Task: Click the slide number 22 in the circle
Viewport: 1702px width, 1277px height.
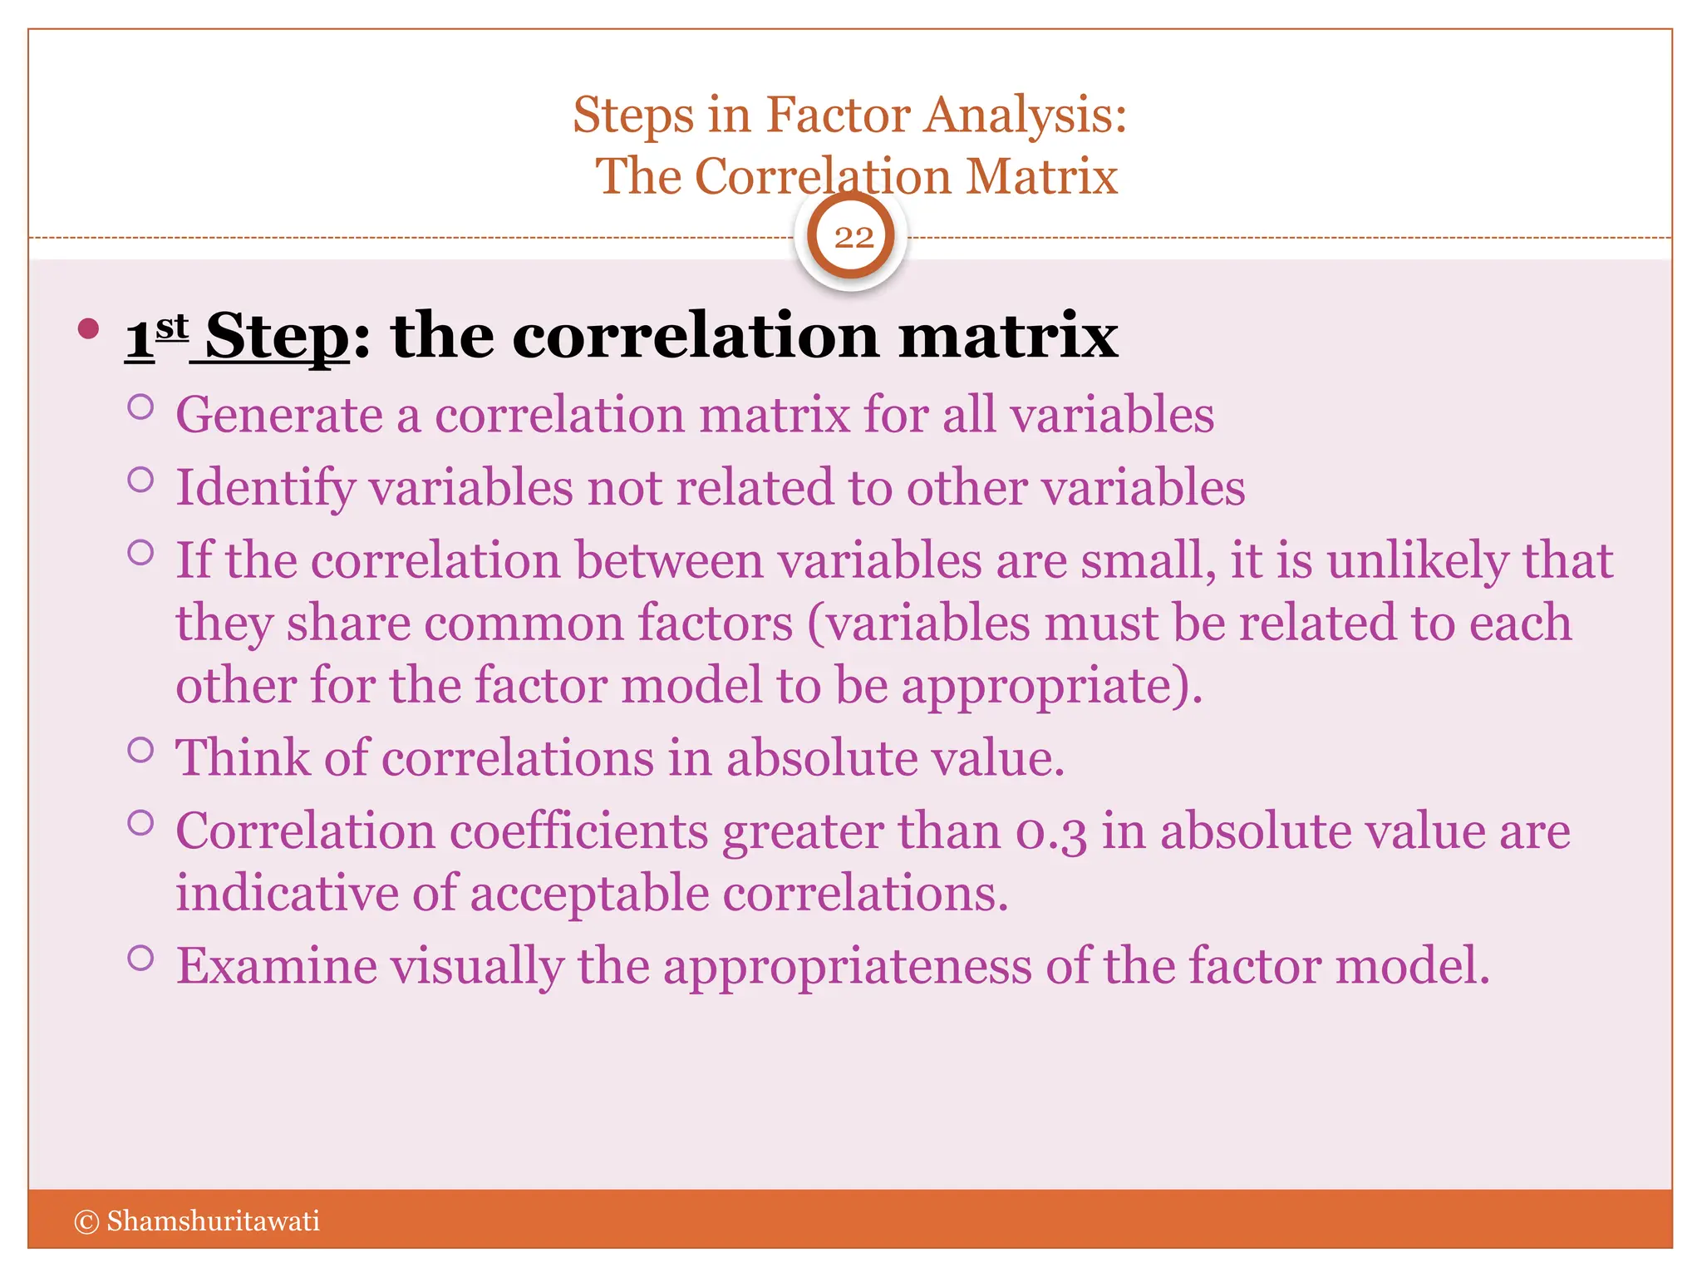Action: click(x=853, y=238)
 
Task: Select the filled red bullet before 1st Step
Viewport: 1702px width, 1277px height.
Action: click(x=88, y=328)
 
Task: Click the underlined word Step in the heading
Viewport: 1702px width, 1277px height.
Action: click(x=278, y=337)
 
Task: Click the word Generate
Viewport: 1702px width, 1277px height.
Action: click(x=279, y=416)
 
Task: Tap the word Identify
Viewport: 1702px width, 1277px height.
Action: click(x=265, y=488)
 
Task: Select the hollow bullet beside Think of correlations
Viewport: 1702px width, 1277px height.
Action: click(x=141, y=750)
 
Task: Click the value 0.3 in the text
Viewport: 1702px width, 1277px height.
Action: click(x=1050, y=832)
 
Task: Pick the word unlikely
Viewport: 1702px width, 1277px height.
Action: click(x=1417, y=561)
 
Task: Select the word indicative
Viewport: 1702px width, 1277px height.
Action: click(x=287, y=894)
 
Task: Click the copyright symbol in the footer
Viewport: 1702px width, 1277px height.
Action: click(x=86, y=1221)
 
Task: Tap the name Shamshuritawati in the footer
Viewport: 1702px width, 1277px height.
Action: click(x=213, y=1221)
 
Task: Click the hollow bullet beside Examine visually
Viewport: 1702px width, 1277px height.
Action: click(x=141, y=959)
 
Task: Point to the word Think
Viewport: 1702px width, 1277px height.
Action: click(x=242, y=758)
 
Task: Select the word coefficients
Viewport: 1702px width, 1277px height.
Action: click(x=578, y=831)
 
